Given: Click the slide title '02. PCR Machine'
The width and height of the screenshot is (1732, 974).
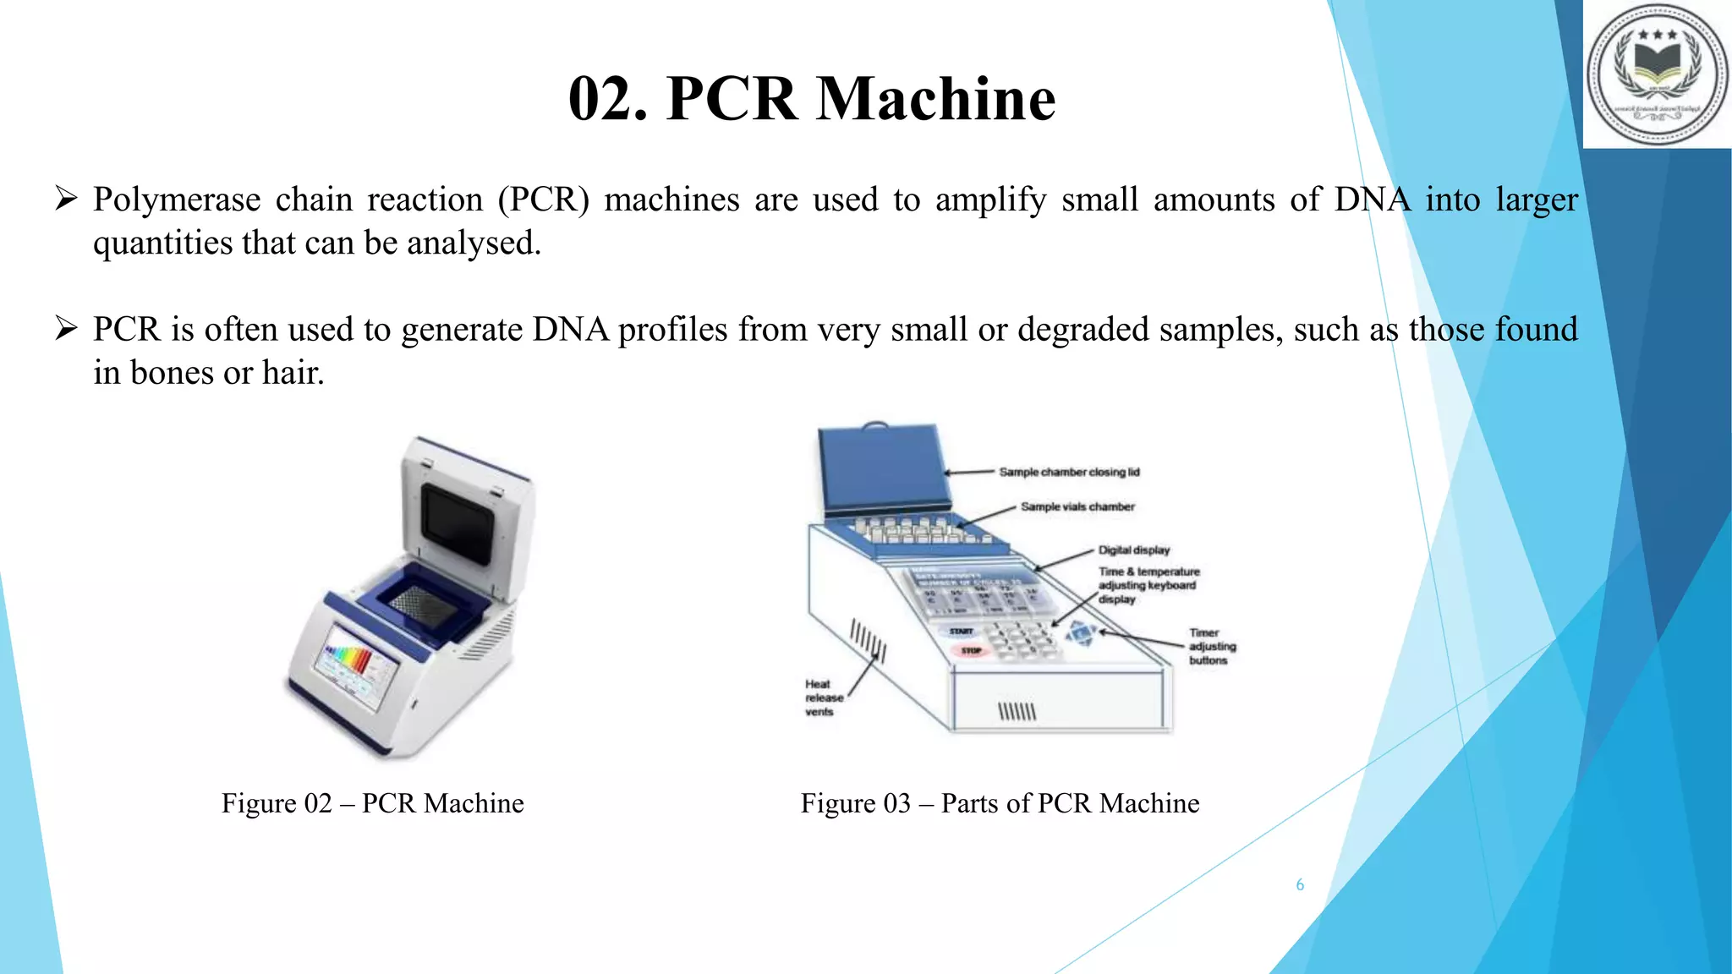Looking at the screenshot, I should (x=812, y=99).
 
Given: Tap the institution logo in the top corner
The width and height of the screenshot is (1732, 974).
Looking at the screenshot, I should (x=1658, y=74).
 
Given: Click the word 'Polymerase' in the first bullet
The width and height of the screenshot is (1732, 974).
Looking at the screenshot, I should (x=177, y=200).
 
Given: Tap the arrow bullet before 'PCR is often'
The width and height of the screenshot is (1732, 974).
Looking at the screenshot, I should (x=66, y=328).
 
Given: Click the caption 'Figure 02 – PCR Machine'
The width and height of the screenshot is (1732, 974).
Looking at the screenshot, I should (x=372, y=803).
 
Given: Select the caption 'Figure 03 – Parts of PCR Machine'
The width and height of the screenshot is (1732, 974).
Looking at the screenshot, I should (x=1000, y=803).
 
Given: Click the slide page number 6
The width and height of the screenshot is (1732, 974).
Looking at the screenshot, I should (x=1300, y=885).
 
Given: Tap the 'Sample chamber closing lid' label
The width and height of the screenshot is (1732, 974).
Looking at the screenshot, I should (x=1069, y=472).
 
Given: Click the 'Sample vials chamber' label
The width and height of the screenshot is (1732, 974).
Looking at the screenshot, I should (x=1077, y=506).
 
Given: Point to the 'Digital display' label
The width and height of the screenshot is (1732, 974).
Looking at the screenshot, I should (x=1133, y=550).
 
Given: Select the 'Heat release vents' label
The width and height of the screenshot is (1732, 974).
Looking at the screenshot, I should (x=823, y=698).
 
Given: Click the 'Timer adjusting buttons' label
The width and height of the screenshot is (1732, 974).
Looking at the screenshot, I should (x=1212, y=647).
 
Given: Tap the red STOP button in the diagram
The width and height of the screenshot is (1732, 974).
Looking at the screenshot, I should (x=971, y=650).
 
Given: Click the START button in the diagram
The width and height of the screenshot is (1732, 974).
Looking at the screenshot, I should (x=961, y=632).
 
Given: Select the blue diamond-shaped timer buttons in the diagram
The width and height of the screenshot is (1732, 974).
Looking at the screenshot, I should (x=1081, y=632).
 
